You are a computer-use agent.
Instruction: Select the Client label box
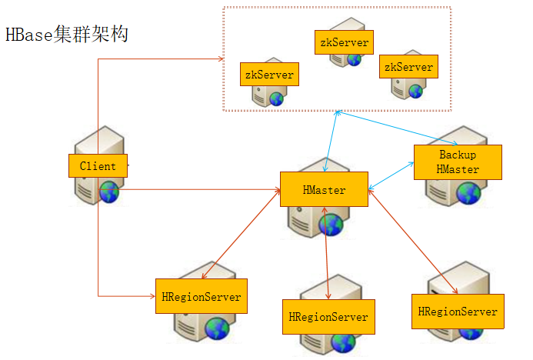point(98,165)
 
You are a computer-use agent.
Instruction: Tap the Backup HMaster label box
point(458,162)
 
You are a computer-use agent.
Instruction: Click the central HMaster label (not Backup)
point(324,189)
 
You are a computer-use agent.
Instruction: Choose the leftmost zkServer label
point(268,75)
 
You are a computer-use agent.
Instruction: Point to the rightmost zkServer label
point(408,67)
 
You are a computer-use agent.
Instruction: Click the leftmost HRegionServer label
point(201,297)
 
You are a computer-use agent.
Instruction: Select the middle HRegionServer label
point(328,316)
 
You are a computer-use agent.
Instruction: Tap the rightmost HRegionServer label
point(458,312)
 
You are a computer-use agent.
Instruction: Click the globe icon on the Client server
point(109,192)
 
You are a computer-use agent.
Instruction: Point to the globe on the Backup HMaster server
point(468,193)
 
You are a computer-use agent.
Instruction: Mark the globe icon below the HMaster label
point(331,224)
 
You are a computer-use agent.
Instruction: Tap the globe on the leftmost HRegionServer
point(218,328)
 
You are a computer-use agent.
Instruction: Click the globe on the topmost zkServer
point(354,59)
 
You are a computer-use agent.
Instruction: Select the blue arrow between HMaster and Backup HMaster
point(392,175)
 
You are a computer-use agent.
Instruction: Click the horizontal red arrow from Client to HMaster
point(200,189)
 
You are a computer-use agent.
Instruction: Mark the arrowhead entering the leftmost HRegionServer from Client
point(151,295)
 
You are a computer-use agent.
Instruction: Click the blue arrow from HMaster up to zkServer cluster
point(331,142)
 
